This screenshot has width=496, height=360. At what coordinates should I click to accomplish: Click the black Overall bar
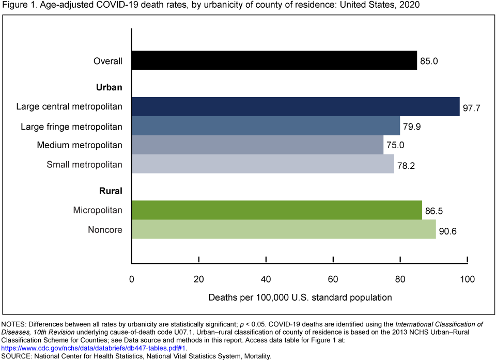click(x=274, y=60)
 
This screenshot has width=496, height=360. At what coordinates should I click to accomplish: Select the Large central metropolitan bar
click(x=296, y=106)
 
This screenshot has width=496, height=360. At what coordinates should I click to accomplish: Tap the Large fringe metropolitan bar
click(x=266, y=126)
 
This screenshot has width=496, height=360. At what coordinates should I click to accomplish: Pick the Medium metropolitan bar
click(x=257, y=145)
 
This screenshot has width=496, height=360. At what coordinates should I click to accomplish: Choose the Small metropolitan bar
click(x=262, y=164)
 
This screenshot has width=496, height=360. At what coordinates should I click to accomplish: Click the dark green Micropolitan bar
click(x=276, y=210)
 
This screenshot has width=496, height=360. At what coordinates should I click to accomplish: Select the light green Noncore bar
click(x=284, y=229)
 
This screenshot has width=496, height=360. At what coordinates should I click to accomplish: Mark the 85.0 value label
click(x=429, y=61)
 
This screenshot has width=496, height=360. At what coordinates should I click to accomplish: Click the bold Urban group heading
click(x=109, y=87)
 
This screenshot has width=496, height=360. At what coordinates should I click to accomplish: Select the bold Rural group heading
click(x=111, y=191)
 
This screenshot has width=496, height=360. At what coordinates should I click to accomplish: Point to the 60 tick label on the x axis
click(x=333, y=279)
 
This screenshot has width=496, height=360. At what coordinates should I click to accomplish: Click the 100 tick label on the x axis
click(x=467, y=279)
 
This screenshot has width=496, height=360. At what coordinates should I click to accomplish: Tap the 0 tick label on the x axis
click(x=132, y=279)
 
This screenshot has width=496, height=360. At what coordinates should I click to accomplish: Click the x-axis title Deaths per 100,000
click(x=300, y=298)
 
